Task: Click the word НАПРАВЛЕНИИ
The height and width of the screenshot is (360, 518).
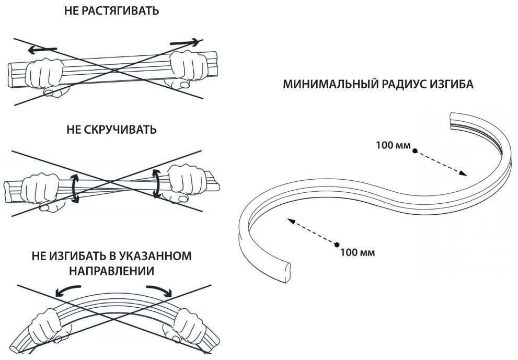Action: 111,271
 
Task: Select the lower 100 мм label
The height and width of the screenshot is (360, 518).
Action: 357,253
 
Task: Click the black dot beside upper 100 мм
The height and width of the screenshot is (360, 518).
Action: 415,151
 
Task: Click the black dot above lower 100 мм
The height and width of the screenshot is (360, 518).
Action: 337,245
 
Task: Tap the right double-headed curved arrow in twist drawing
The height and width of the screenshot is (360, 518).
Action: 156,183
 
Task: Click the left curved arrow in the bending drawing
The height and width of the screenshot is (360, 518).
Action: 67,290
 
